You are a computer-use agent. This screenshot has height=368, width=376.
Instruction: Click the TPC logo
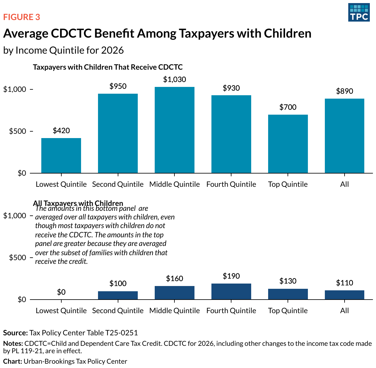point(359,12)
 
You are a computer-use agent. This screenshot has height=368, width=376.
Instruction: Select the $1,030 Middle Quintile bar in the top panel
point(174,130)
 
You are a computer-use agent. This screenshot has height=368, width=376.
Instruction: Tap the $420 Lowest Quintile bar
point(61,155)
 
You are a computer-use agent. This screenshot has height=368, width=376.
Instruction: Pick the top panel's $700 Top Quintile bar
point(288,144)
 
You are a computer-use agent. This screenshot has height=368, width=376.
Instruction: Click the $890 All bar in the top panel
point(345,136)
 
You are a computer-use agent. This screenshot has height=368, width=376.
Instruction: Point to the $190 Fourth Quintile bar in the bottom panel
point(231,291)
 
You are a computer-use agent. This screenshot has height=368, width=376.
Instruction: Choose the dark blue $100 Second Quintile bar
point(118,295)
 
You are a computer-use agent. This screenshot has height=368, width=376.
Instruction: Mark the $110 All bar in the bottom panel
point(345,295)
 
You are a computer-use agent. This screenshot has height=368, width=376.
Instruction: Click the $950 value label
point(118,86)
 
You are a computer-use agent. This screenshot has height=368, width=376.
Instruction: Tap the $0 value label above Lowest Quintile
point(61,292)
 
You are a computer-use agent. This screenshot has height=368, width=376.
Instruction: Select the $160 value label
point(174,279)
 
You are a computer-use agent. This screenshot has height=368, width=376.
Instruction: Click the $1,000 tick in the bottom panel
point(14,216)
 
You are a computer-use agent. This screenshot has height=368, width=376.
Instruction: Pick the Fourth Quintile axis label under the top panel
point(231,184)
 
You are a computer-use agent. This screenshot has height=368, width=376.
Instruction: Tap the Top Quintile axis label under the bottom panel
point(288,311)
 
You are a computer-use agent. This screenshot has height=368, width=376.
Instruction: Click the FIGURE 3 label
point(22,17)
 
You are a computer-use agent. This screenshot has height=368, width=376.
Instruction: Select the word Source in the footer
point(15,333)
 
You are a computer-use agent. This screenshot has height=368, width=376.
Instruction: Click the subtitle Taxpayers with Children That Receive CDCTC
point(108,67)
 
